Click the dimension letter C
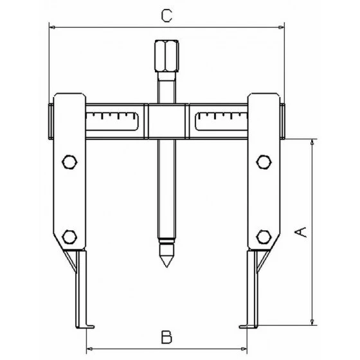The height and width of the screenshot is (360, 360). pos(166,16)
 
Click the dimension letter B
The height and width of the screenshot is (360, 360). pos(166,335)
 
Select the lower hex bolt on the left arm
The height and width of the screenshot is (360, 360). pos(69,235)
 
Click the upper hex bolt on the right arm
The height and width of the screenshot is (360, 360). pos(263,161)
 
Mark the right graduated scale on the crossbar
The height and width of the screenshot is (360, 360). pos(220,120)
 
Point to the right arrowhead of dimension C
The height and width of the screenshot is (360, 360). pos(280,26)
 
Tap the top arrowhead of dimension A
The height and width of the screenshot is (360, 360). pos(312,142)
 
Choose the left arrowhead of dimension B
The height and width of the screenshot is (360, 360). pos(88,346)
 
